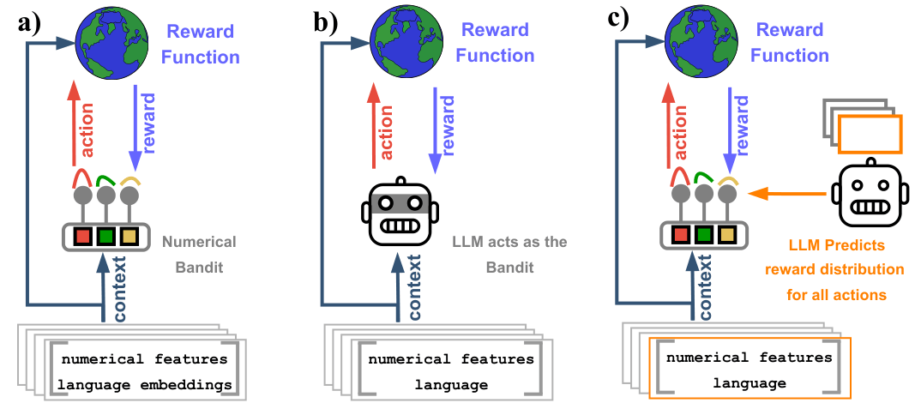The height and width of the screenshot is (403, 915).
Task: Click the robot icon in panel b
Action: click(400, 211)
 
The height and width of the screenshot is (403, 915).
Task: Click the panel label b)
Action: click(328, 22)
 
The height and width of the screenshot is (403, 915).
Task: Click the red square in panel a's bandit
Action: click(83, 236)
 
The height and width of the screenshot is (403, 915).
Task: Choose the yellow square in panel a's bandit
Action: click(128, 236)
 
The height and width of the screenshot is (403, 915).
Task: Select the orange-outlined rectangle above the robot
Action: click(870, 134)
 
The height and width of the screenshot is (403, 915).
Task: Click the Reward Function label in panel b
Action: click(495, 43)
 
